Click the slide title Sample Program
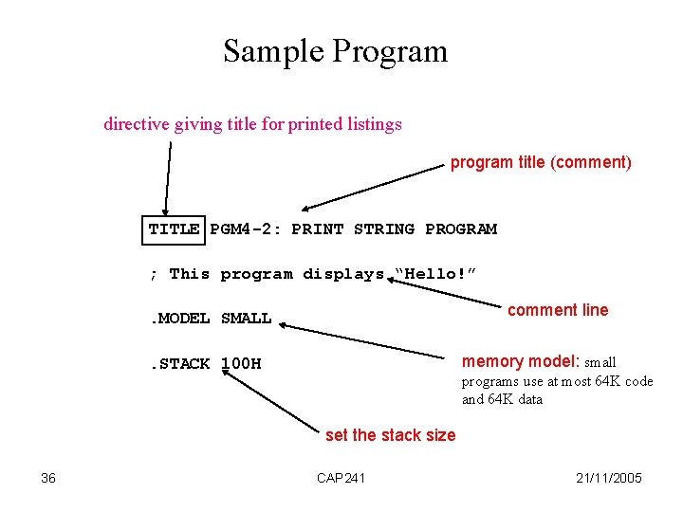coord(335,51)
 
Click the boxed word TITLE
coord(174,229)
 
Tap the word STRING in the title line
coord(383,229)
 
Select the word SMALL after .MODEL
coord(246,319)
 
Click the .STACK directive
coord(180,363)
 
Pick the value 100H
coord(241,363)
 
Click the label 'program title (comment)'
coord(540,162)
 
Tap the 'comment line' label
coord(558,310)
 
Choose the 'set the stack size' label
coord(390,435)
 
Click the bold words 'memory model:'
coord(521,361)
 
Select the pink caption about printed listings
coord(252,124)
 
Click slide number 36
coord(48,478)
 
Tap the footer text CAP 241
coord(341,478)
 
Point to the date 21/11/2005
coord(608,478)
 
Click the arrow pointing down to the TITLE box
coord(168,180)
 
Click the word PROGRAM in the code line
coord(461,229)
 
